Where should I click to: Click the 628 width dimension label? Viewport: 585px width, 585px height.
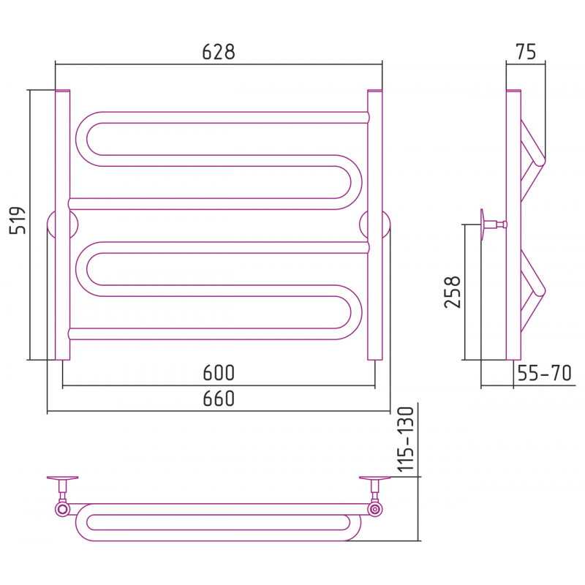point(219,52)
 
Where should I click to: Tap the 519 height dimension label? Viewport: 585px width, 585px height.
point(18,220)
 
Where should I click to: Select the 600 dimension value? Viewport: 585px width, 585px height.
point(219,373)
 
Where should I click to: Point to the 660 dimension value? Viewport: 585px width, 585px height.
point(219,399)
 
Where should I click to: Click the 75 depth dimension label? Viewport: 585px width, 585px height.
point(526,52)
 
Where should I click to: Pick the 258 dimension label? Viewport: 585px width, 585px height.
point(453,292)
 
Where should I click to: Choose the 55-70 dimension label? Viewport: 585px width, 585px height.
point(544,373)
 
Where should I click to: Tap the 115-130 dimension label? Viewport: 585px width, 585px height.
point(406,439)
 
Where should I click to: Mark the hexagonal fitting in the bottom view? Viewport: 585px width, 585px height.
point(62,509)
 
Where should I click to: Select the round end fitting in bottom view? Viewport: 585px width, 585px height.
point(374,509)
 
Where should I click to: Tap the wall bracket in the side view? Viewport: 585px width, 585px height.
point(493,224)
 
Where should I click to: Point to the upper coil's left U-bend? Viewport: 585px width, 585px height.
point(82,139)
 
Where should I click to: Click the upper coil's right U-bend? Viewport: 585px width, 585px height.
point(356,182)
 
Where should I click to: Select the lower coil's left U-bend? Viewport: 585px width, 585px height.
point(82,269)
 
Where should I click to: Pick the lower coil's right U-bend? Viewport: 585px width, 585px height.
point(356,313)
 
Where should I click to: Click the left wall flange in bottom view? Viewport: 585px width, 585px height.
point(62,478)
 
